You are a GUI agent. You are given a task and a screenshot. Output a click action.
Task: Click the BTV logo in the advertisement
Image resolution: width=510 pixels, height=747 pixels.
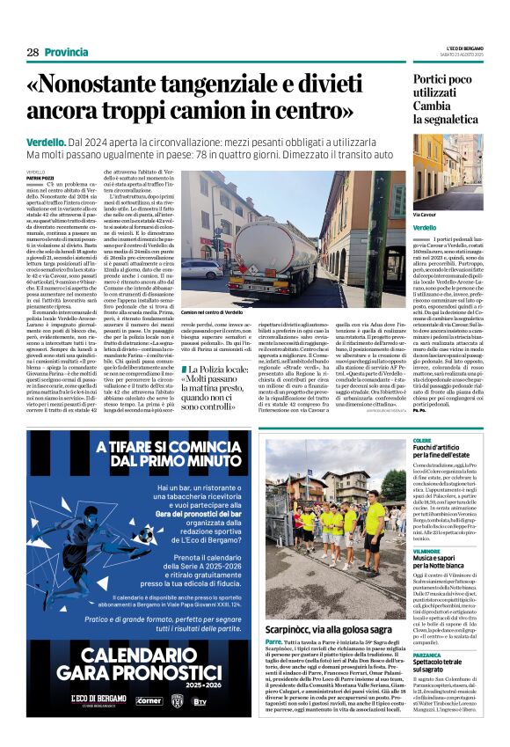pos(224,699)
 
